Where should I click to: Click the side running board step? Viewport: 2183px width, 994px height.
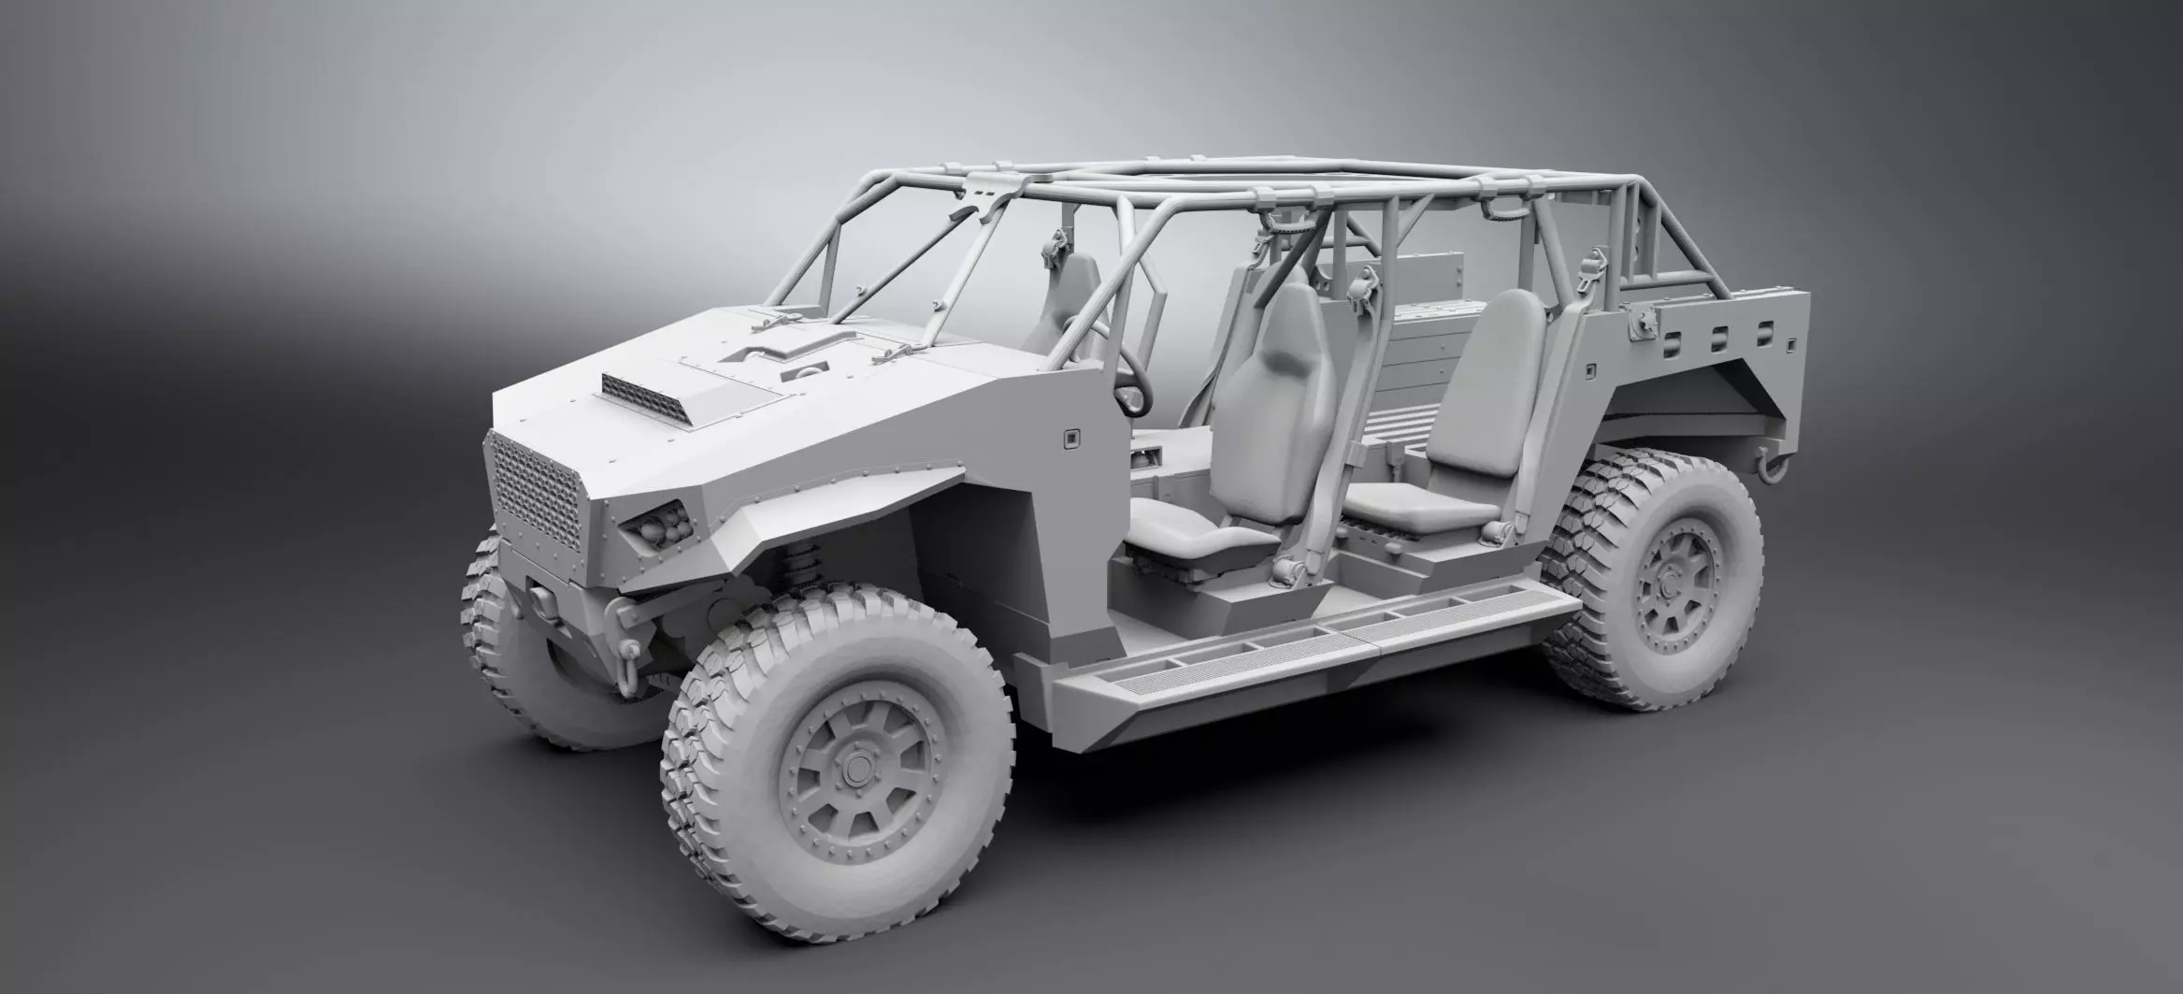point(1309,645)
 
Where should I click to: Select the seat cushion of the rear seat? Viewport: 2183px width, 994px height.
point(1412,505)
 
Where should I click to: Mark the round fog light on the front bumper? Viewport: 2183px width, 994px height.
point(539,595)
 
